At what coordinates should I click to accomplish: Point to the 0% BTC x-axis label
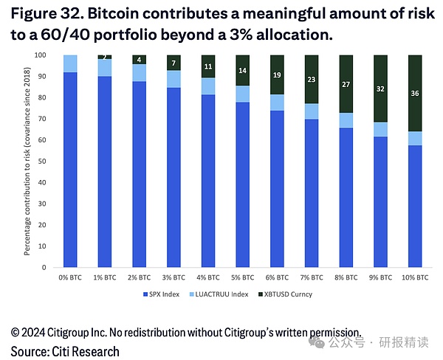[x=70, y=277]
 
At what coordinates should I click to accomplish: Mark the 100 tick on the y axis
[x=42, y=55]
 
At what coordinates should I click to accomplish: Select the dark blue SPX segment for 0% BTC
[x=70, y=170]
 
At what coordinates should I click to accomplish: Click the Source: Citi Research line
[x=65, y=351]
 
